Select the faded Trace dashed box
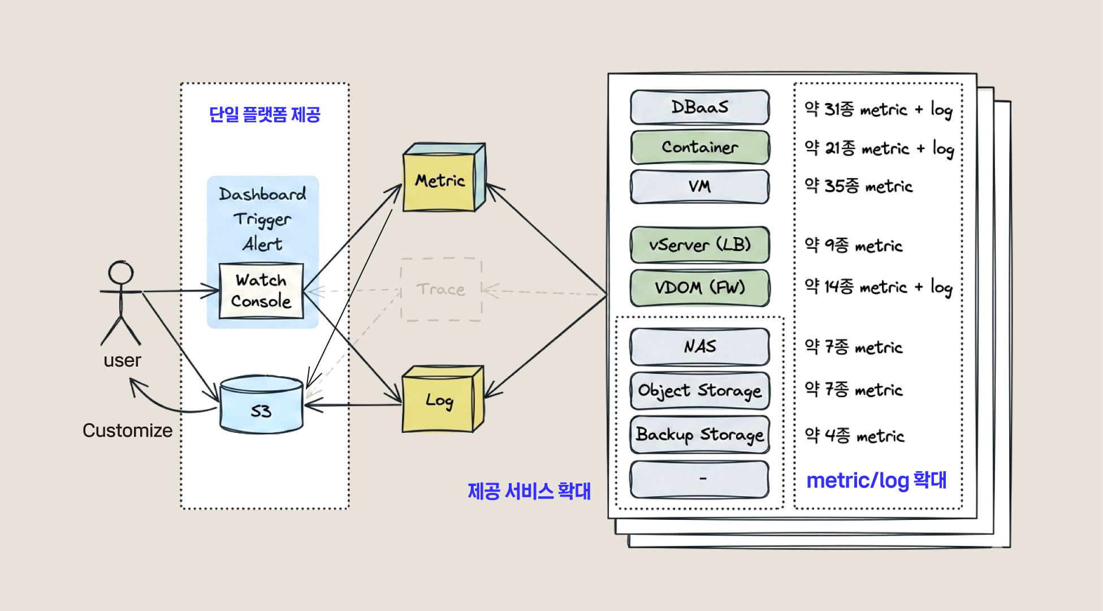441,290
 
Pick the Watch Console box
261,291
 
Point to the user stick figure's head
121,273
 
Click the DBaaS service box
699,107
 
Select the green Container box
699,147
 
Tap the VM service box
699,186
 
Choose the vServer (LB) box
699,245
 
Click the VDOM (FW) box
699,287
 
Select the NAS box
699,346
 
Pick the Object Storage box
699,390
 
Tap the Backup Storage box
699,434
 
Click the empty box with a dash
699,479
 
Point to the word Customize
127,431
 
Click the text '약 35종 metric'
858,186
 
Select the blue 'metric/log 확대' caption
876,480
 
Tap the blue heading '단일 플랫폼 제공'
265,115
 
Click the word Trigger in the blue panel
262,220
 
